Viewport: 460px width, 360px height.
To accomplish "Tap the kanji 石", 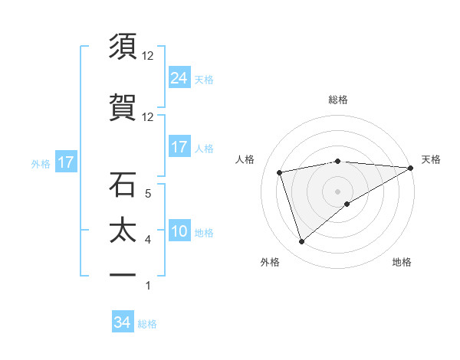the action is click(x=123, y=185).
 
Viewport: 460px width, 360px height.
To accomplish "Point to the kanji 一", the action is click(x=123, y=273).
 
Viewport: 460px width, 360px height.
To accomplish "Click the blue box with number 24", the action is click(x=179, y=77).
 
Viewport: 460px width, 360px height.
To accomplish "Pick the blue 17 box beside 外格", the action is click(x=65, y=162).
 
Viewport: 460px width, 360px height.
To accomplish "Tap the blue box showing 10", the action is click(x=179, y=231).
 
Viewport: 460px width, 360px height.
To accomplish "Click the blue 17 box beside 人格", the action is click(x=179, y=146).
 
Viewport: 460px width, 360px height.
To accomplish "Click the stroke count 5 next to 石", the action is click(x=148, y=193).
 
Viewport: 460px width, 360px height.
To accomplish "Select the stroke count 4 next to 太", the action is click(x=148, y=240).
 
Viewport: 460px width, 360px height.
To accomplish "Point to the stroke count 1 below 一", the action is click(x=148, y=286).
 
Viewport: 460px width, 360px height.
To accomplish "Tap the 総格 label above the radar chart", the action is click(x=338, y=100).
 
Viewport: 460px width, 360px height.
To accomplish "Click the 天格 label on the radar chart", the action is click(x=431, y=159).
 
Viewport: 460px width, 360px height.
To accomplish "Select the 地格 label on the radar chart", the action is click(x=402, y=262).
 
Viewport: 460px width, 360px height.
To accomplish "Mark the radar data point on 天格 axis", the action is click(x=411, y=168).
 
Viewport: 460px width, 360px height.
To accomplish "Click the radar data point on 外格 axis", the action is click(x=301, y=242).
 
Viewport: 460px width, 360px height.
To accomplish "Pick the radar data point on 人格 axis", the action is click(x=280, y=172).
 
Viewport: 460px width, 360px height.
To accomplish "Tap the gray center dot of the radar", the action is click(x=338, y=191).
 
